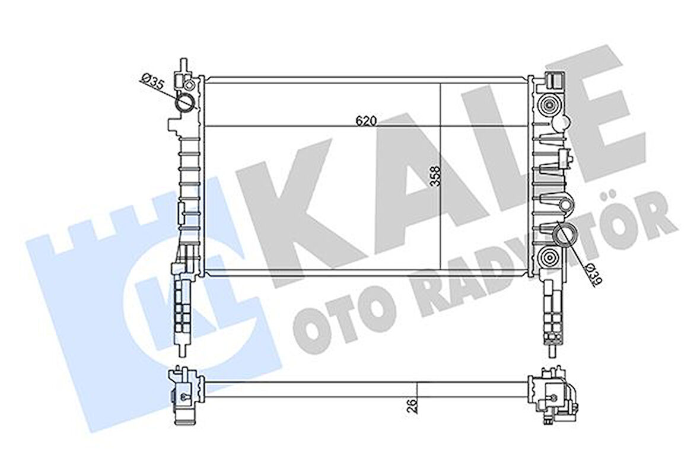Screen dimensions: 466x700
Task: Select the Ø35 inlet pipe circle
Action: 185,103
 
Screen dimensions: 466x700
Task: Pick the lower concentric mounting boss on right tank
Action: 549,258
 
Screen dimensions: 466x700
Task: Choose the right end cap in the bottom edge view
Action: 552,396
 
